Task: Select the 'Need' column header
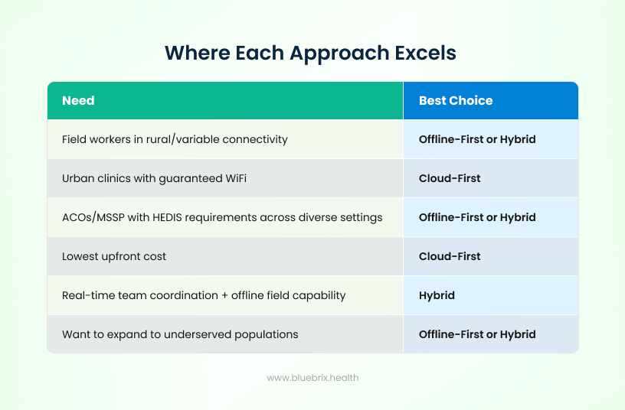78,101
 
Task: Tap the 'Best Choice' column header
456,101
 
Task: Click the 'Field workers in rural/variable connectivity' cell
175,139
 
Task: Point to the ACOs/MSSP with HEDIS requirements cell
222,217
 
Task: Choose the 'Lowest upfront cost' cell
114,256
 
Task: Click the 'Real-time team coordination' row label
204,295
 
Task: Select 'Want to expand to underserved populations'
180,334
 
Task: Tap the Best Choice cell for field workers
477,139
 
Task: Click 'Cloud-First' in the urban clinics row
450,178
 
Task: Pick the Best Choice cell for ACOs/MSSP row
477,217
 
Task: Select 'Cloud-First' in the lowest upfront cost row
450,256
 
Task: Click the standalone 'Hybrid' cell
437,295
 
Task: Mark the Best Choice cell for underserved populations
477,334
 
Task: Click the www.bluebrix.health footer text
312,378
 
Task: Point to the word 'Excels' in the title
422,53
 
